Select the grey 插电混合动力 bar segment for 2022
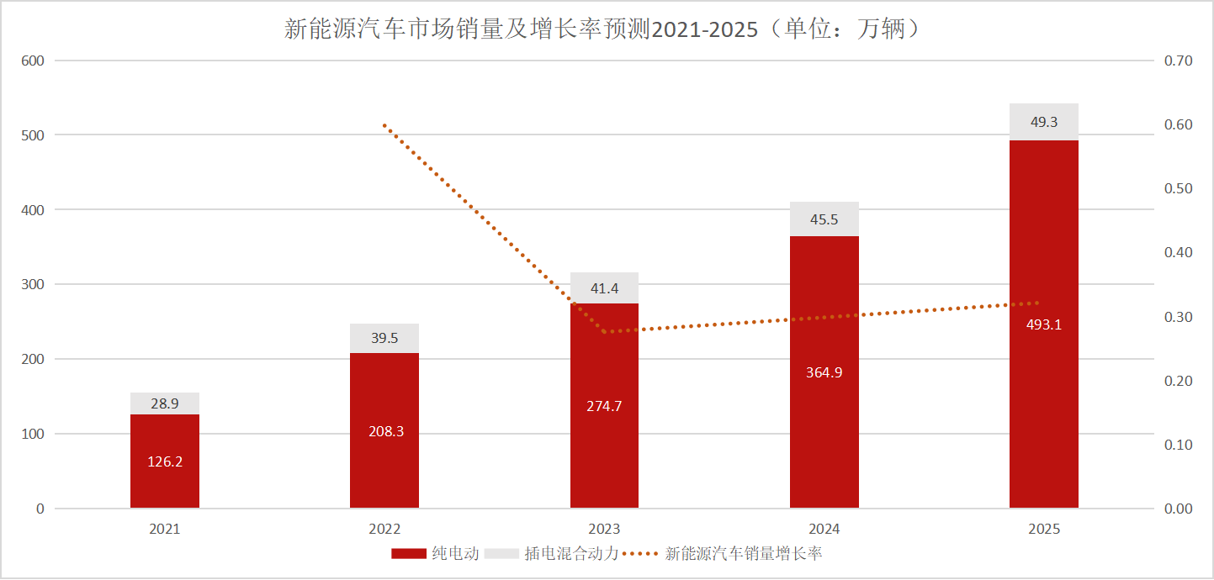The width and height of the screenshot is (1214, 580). [x=384, y=338]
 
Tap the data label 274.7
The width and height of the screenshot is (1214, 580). [x=604, y=406]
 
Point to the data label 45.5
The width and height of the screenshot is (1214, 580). [x=824, y=219]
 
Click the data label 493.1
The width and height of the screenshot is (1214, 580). [x=1043, y=324]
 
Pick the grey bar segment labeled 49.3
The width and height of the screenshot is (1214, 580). [x=1043, y=122]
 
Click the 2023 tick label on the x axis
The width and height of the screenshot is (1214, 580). [x=604, y=530]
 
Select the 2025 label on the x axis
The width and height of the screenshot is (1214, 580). [x=1043, y=530]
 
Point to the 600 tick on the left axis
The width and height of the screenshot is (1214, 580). [x=33, y=61]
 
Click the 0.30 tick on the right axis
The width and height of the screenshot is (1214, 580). [x=1179, y=317]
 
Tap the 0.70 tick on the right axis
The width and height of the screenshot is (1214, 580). [x=1179, y=61]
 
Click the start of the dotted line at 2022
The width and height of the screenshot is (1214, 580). [x=384, y=125]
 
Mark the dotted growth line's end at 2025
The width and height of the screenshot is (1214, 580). [x=1038, y=303]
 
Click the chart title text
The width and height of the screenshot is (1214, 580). [x=607, y=29]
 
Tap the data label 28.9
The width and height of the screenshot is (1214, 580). [x=165, y=403]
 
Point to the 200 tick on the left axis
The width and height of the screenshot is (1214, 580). [x=33, y=359]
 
